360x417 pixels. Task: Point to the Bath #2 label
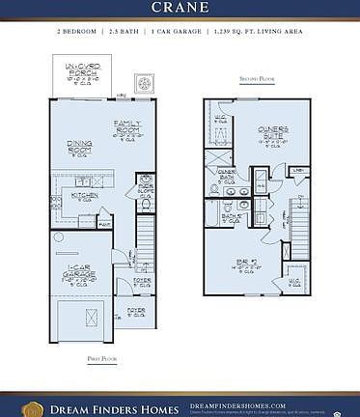pos(233,218)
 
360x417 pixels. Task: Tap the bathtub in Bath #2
pos(214,213)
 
